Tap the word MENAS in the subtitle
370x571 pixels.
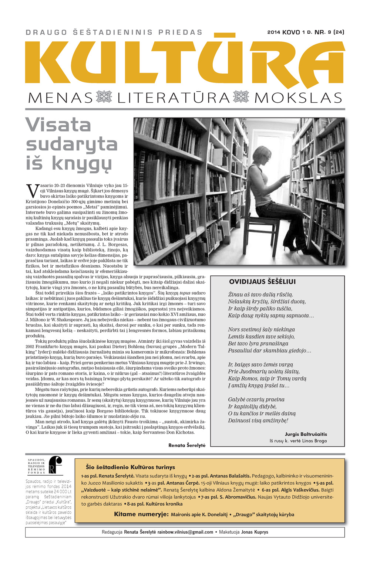(x=60, y=98)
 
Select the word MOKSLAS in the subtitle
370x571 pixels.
(x=298, y=98)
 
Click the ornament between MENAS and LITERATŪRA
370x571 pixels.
(x=104, y=97)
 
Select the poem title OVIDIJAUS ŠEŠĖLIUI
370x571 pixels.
(x=262, y=282)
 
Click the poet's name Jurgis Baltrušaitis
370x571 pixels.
(x=306, y=434)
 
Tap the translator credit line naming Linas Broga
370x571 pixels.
(x=298, y=441)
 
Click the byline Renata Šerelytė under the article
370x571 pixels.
(x=186, y=445)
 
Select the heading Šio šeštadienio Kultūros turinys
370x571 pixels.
(x=130, y=467)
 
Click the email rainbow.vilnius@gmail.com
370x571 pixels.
(x=185, y=532)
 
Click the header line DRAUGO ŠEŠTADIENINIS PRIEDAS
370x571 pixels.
(x=114, y=33)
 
